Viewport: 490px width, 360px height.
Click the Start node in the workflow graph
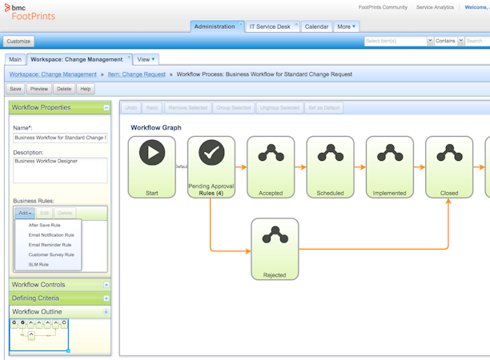click(152, 166)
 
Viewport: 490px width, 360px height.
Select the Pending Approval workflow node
click(211, 166)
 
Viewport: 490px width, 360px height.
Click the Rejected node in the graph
click(275, 249)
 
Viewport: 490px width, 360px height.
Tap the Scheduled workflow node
click(330, 166)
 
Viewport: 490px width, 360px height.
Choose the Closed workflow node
click(449, 166)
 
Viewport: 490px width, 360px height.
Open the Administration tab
click(215, 26)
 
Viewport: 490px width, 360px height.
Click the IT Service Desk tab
click(270, 26)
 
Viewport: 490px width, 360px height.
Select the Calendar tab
click(316, 26)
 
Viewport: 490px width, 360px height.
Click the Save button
click(15, 89)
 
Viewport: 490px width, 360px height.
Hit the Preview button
click(39, 89)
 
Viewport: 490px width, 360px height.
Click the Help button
click(86, 89)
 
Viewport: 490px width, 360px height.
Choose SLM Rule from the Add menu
click(38, 264)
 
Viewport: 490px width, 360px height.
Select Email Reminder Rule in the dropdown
click(50, 245)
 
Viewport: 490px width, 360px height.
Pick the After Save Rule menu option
click(44, 225)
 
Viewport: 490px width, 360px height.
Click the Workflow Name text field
click(60, 138)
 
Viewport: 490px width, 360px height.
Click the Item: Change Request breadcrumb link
click(137, 74)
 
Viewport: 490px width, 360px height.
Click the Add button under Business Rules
click(25, 214)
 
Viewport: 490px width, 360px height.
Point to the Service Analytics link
click(434, 7)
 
